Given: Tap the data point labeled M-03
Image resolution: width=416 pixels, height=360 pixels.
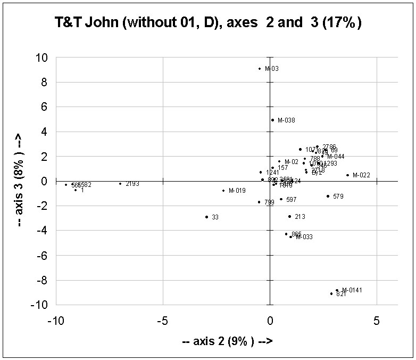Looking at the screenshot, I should (260, 68).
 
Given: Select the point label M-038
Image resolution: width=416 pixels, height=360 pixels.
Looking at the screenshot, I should (286, 120).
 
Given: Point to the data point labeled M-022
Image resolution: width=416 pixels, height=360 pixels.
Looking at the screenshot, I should (347, 175).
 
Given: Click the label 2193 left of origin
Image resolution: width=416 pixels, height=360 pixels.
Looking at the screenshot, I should (132, 184).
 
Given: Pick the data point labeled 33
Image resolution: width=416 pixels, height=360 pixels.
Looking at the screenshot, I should (206, 217).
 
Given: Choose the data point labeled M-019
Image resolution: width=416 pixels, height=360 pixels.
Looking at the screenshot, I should (223, 191).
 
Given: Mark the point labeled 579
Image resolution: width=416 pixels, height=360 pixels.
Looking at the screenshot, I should (328, 196).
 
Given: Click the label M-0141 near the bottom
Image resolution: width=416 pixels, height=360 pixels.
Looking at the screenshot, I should (352, 290).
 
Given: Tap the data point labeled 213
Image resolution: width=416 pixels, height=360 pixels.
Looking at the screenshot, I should (289, 216).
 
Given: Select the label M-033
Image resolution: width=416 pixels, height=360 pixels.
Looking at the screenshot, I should (304, 237).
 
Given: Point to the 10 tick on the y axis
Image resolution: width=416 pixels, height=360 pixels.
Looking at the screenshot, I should (42, 58).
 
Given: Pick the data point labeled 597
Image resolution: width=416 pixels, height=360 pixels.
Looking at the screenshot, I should (281, 199).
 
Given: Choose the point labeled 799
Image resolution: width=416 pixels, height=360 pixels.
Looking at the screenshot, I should (259, 202).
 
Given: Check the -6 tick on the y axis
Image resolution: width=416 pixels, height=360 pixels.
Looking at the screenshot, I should (42, 255).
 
